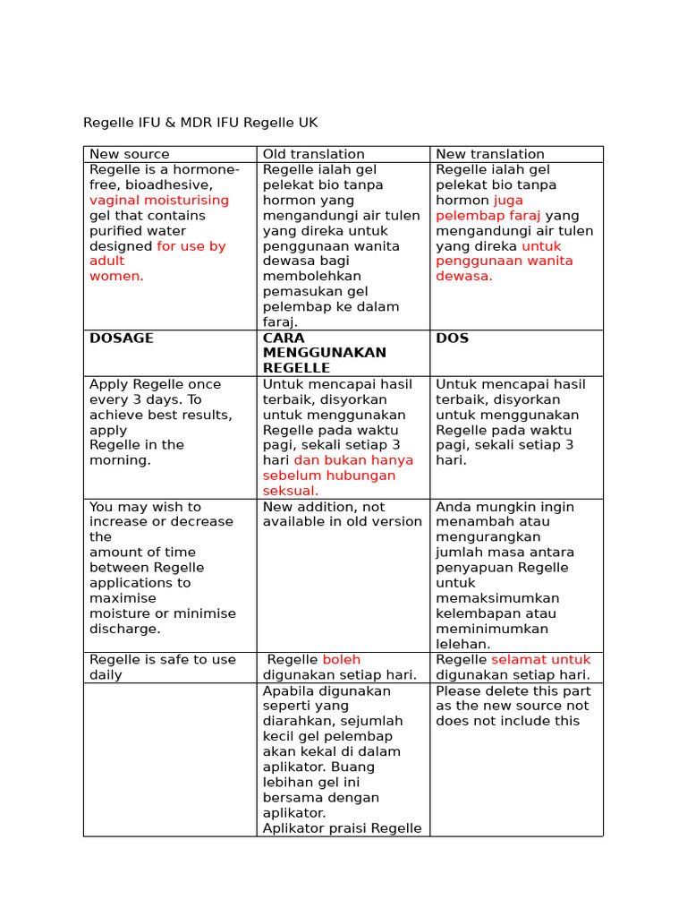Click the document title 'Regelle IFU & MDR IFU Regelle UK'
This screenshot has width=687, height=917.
[x=200, y=123]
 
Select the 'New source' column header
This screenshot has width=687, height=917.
[x=129, y=154]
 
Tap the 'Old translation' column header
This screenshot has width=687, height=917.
[x=313, y=154]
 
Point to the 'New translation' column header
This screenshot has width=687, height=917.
[x=489, y=154]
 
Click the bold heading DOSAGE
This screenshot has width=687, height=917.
[x=122, y=339]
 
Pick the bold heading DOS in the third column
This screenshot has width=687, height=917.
[x=452, y=339]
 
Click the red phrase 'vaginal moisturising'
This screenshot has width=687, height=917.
[x=158, y=201]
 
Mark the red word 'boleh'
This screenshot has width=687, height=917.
[x=341, y=660]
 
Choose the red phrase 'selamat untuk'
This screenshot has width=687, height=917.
[x=540, y=660]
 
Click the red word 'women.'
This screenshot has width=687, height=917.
[x=116, y=276]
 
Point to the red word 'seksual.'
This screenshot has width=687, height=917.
[x=290, y=491]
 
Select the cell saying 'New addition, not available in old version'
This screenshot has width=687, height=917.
[x=342, y=514]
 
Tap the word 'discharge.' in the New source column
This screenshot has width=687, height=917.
[x=125, y=629]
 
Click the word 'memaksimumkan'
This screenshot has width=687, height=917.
[x=497, y=598]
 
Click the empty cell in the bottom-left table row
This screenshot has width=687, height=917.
[x=170, y=759]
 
